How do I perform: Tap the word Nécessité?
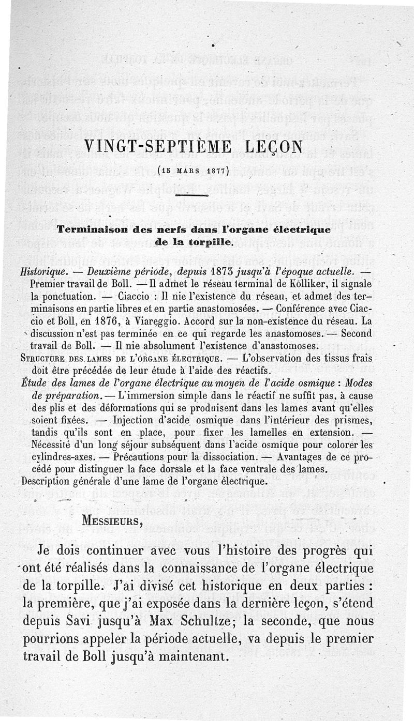pyautogui.click(x=54, y=444)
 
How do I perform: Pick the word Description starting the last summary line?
pyautogui.click(x=48, y=481)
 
